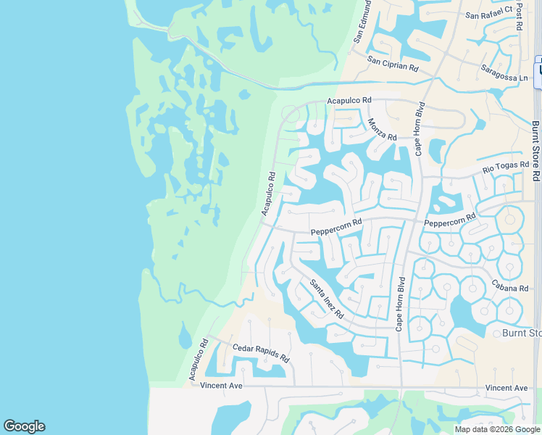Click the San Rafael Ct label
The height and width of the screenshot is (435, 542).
[488, 12]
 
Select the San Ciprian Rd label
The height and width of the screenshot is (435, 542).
[393, 64]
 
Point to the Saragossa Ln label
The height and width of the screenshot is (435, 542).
[504, 72]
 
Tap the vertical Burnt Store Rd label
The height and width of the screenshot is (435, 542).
[535, 151]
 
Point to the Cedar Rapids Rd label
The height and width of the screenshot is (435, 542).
[261, 353]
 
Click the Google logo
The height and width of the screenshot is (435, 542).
[24, 426]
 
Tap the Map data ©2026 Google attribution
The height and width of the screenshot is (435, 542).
[497, 429]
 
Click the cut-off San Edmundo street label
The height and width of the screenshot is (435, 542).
[362, 22]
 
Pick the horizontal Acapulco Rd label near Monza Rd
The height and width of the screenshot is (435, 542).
[349, 100]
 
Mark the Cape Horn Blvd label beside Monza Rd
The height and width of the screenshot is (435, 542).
[419, 128]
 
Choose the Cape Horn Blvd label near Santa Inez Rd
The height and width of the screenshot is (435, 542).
[399, 304]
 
